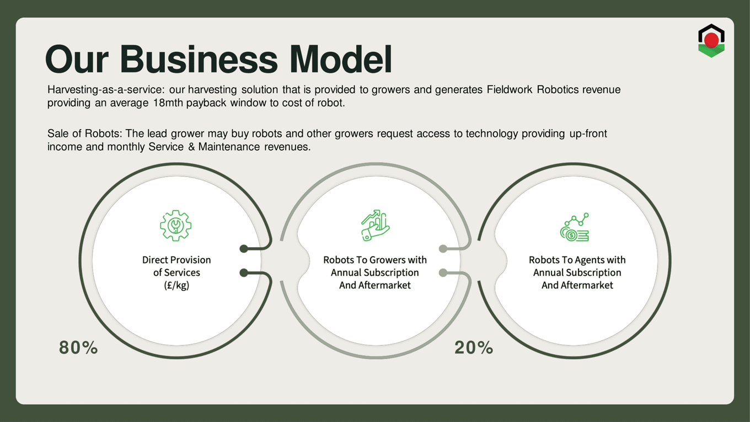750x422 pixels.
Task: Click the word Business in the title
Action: click(x=200, y=59)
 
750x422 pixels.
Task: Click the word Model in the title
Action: click(x=340, y=59)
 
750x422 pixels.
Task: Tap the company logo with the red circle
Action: click(x=711, y=40)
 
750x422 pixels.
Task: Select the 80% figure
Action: click(x=78, y=348)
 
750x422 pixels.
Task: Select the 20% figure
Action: click(x=474, y=348)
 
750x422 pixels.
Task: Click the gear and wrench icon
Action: click(x=175, y=226)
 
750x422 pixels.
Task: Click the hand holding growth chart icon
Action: click(x=375, y=226)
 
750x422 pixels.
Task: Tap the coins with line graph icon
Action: click(x=575, y=227)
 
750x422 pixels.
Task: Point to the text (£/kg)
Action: click(x=176, y=285)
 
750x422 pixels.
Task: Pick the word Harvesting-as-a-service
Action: click(x=106, y=90)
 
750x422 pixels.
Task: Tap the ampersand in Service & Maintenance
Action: click(x=191, y=147)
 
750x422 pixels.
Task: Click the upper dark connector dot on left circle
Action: click(x=244, y=248)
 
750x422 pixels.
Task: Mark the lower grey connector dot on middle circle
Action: click(x=443, y=273)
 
